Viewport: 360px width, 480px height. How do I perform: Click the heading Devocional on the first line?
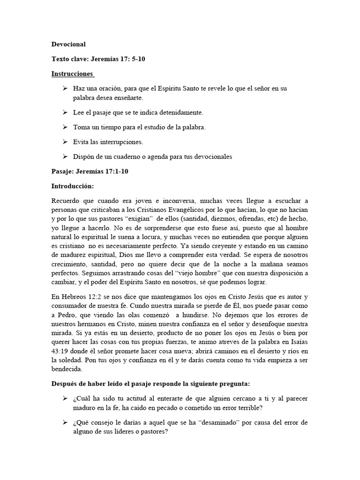click(x=68, y=45)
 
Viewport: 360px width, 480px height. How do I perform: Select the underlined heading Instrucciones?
click(x=72, y=74)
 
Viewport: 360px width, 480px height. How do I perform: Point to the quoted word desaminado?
click(x=221, y=422)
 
